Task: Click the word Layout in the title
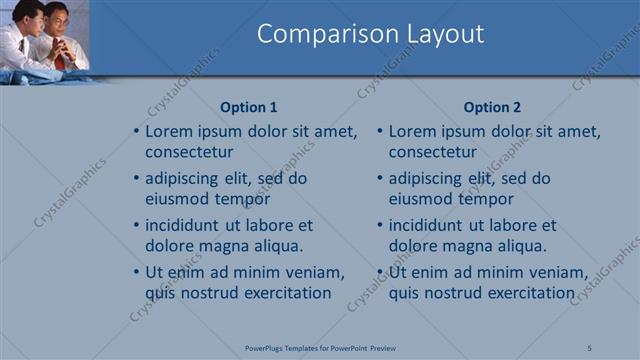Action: click(x=440, y=34)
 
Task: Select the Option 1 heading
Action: click(x=248, y=107)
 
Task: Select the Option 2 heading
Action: click(x=492, y=107)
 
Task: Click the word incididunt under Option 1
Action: click(x=188, y=225)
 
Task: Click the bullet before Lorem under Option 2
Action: click(x=381, y=131)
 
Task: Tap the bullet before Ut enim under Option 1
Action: click(x=137, y=272)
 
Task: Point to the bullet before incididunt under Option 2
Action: click(x=381, y=225)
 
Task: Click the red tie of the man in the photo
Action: click(x=60, y=60)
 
